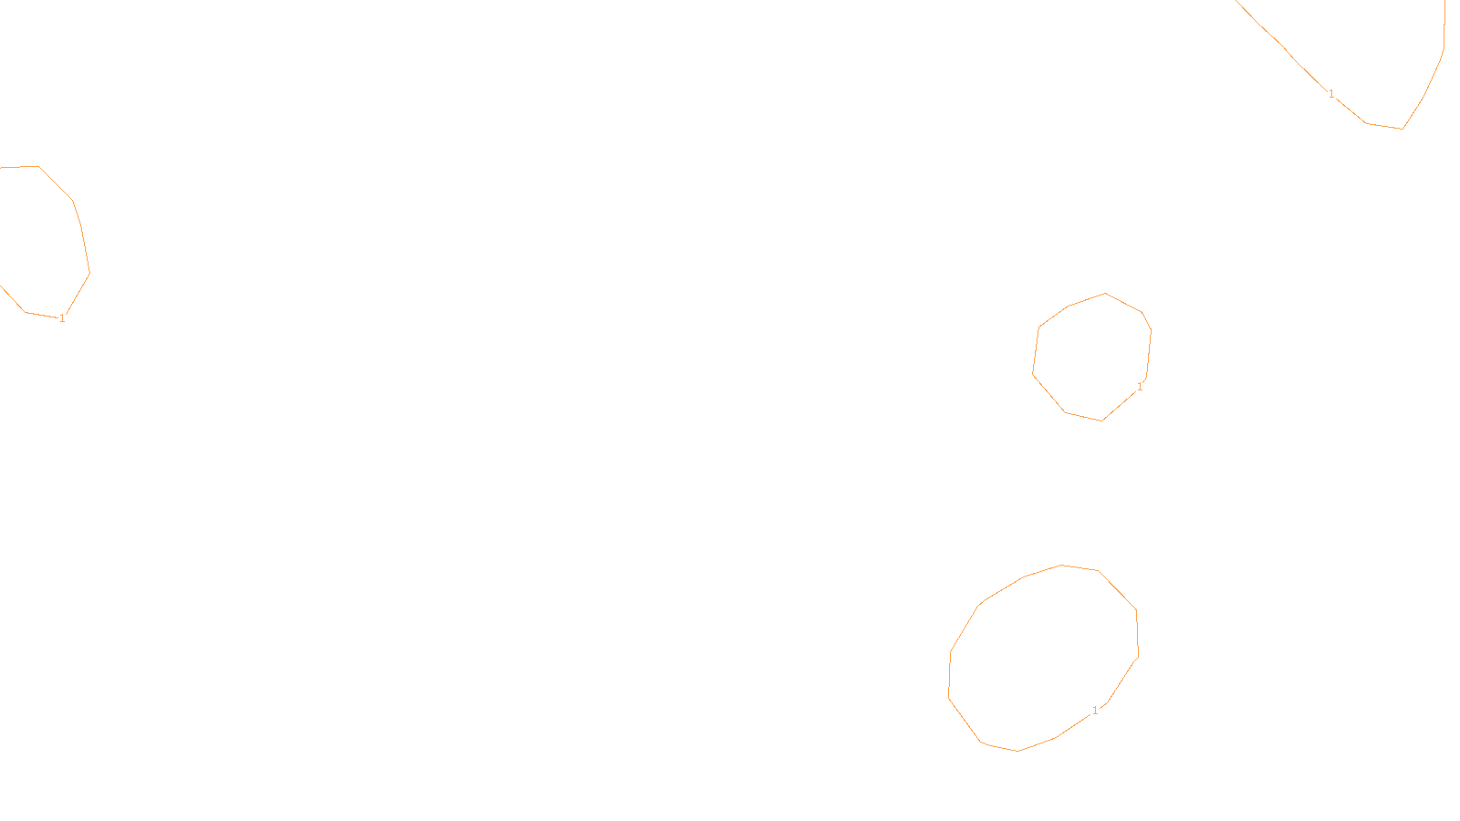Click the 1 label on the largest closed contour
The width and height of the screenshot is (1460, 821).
(x=1095, y=711)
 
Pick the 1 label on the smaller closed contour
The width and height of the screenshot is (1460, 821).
(x=1140, y=387)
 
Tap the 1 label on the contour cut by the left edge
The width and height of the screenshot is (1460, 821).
(x=62, y=318)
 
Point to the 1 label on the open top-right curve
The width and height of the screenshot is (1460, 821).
(x=1331, y=94)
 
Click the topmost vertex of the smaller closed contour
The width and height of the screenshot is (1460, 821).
(x=1106, y=293)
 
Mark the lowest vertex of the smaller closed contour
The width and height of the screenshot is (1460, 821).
(x=1102, y=421)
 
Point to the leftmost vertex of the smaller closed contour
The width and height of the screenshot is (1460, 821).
(x=1033, y=373)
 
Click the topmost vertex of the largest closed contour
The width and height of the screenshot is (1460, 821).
(x=1062, y=565)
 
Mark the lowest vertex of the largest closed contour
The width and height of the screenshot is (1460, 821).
(x=1018, y=751)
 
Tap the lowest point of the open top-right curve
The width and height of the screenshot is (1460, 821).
(x=1403, y=129)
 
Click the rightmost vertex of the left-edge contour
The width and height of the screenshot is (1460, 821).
(x=89, y=272)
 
